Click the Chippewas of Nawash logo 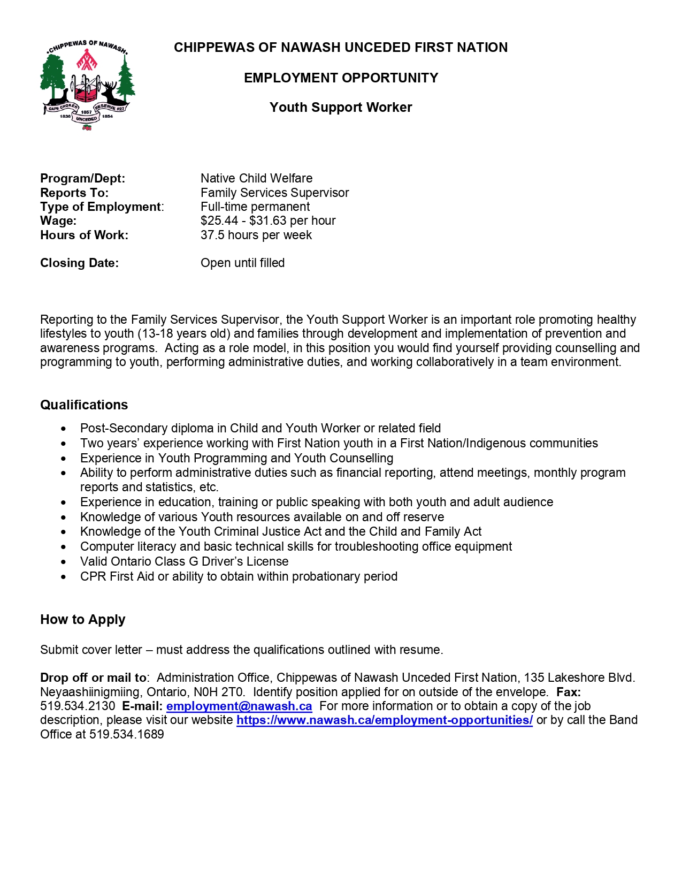pos(87,85)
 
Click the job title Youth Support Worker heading pos(341,108)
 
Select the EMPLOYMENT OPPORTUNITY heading pos(341,78)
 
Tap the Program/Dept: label pos(82,179)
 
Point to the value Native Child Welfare pos(256,179)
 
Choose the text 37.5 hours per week pos(256,235)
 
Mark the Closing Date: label pos(79,263)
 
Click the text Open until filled pos(242,263)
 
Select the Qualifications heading pos(84,405)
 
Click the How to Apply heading pos(83,620)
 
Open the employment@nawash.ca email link pos(239,706)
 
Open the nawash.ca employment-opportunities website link pos(384,720)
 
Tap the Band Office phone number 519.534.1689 pos(127,735)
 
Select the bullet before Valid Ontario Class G pos(64,562)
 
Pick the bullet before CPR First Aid pos(64,577)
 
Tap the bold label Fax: pos(568,692)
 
